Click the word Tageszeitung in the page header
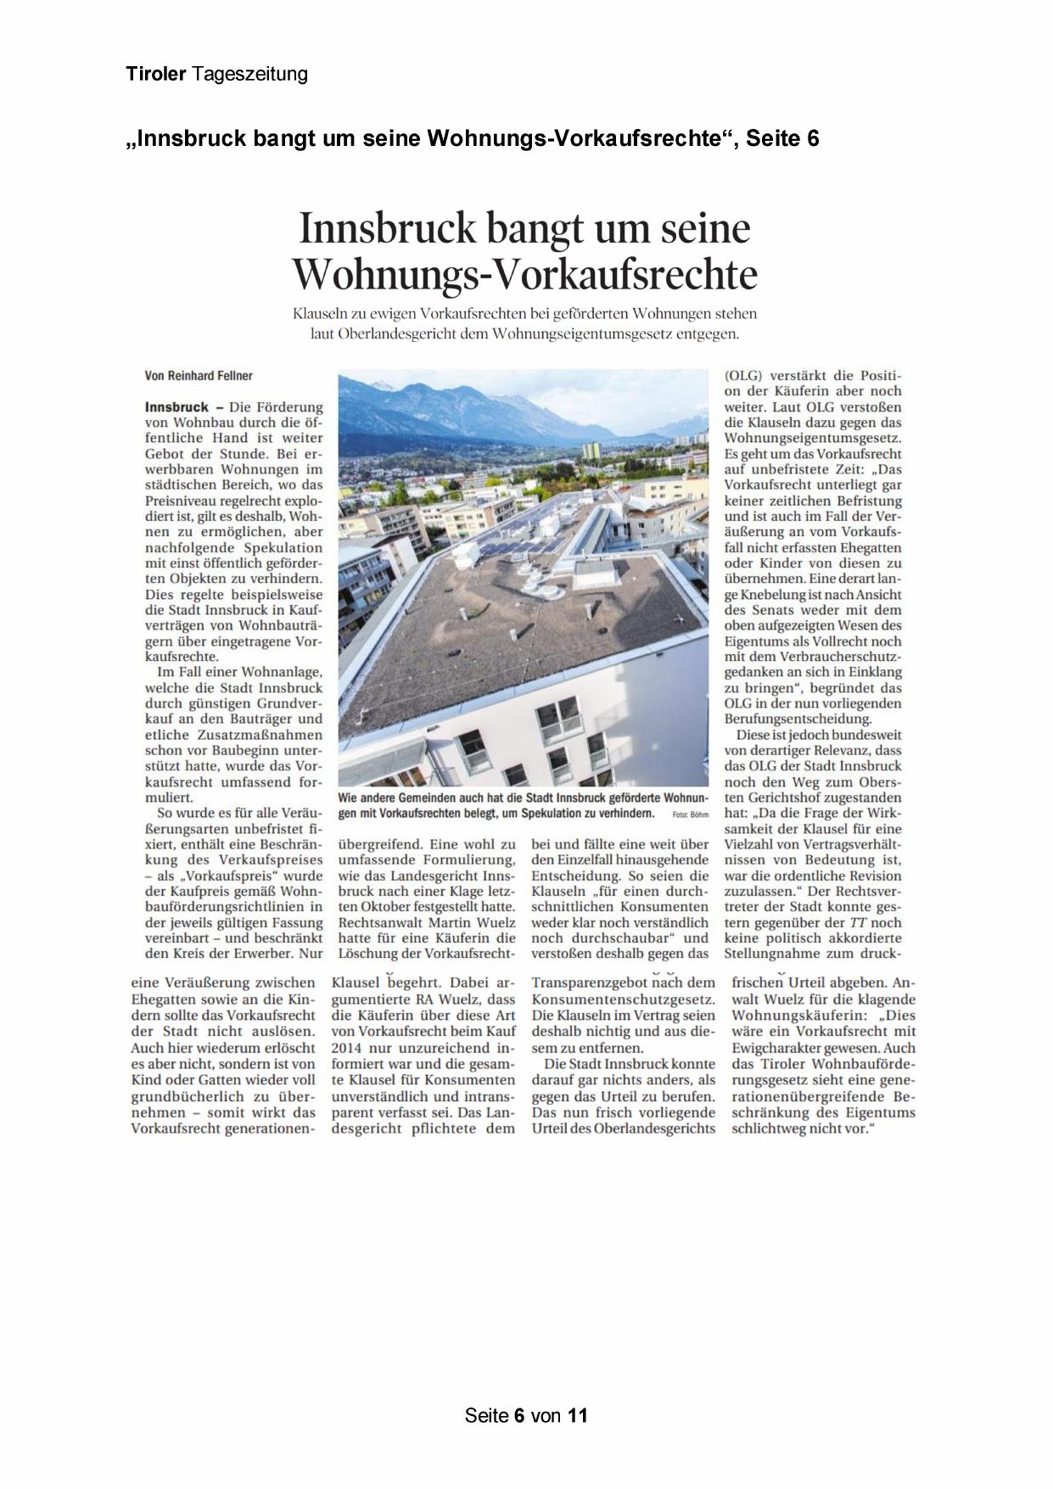250,75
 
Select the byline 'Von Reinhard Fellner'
199,376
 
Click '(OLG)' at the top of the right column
743,376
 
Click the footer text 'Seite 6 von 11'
526,1415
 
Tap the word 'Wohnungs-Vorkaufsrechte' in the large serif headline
524,274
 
